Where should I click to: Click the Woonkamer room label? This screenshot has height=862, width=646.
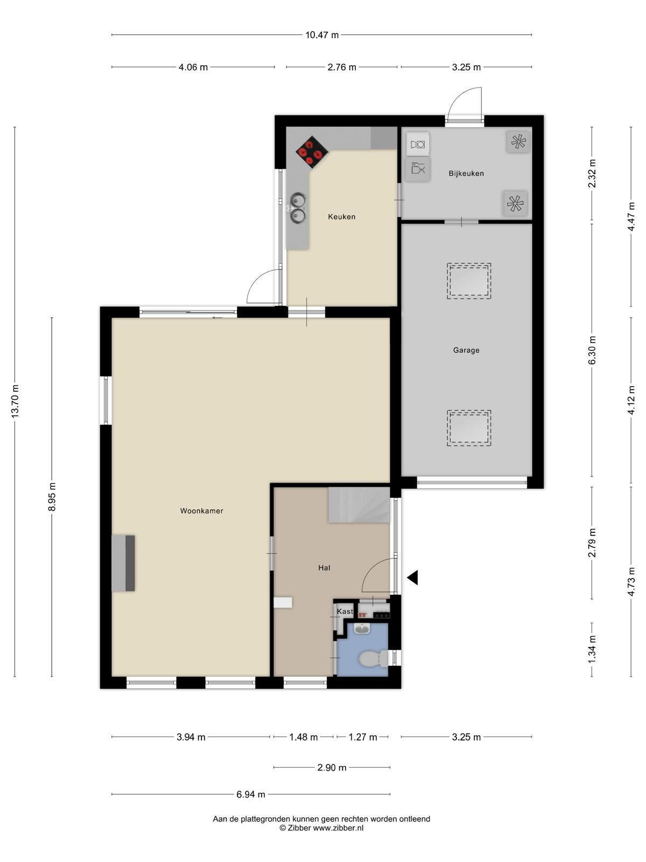click(201, 511)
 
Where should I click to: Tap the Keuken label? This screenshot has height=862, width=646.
click(342, 217)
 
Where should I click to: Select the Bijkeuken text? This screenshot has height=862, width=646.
click(466, 173)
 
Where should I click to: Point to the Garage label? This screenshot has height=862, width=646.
click(466, 350)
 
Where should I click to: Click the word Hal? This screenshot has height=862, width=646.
click(325, 568)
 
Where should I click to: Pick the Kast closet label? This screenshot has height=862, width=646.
click(345, 611)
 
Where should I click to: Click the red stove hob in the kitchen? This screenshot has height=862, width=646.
click(312, 152)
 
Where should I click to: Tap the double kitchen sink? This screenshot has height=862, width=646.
click(298, 208)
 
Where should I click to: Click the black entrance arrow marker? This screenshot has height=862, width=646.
click(412, 578)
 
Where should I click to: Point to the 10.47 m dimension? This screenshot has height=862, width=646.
click(322, 35)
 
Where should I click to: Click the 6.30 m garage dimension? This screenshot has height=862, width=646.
click(592, 350)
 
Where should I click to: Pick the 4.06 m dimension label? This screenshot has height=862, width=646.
click(193, 67)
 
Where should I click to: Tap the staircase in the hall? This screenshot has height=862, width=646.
click(359, 505)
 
